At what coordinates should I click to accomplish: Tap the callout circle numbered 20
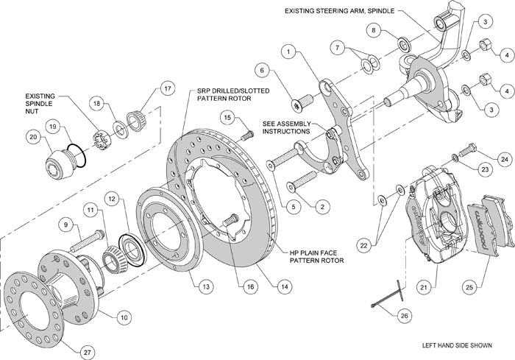click(32, 137)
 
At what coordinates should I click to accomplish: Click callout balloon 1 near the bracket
click(289, 52)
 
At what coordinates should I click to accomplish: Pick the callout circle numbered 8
click(374, 31)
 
